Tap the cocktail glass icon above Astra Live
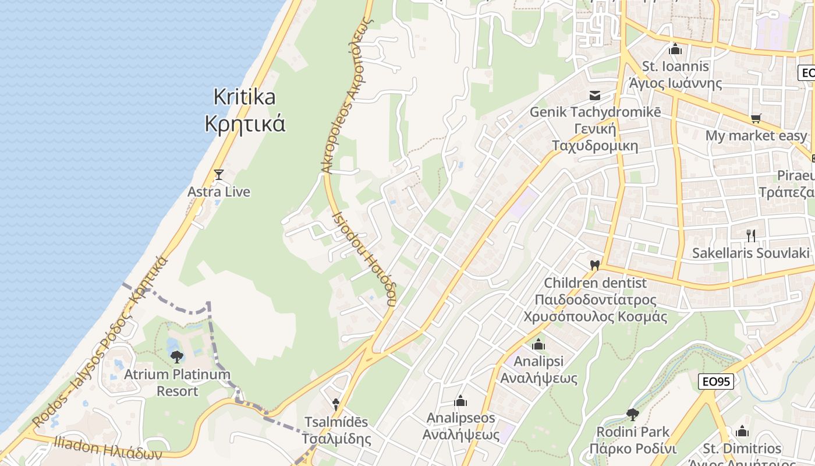[219, 174]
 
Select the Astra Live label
[219, 192]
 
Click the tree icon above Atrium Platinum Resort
[176, 357]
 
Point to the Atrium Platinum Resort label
[177, 382]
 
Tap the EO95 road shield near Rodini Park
[715, 382]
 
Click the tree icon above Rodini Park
[633, 415]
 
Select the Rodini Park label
[633, 440]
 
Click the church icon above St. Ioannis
[675, 50]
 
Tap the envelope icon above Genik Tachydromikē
[595, 95]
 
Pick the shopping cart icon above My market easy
[756, 119]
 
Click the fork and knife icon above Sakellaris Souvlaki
[751, 235]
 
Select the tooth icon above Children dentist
[594, 266]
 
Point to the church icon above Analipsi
[538, 344]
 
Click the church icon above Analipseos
[460, 401]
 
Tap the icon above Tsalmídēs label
[336, 404]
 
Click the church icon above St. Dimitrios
[742, 432]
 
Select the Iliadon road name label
[108, 448]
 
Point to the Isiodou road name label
[364, 259]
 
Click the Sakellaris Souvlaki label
[751, 253]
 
